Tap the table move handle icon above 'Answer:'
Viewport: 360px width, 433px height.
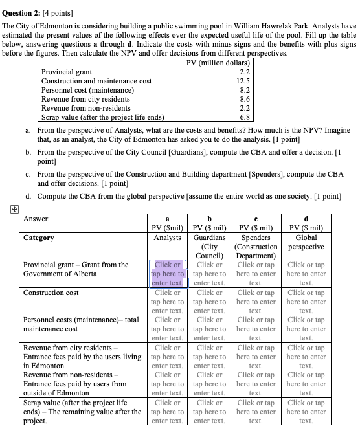coord(5,206)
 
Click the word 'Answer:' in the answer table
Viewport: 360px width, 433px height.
coord(36,219)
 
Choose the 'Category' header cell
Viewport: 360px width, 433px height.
coord(39,238)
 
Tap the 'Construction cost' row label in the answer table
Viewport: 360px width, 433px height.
coord(51,293)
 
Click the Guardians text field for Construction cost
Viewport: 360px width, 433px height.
coord(210,302)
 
